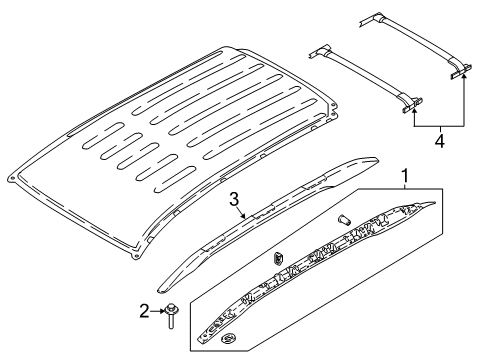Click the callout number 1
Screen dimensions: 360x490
(404, 178)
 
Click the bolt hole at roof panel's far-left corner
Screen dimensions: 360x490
(11, 180)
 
